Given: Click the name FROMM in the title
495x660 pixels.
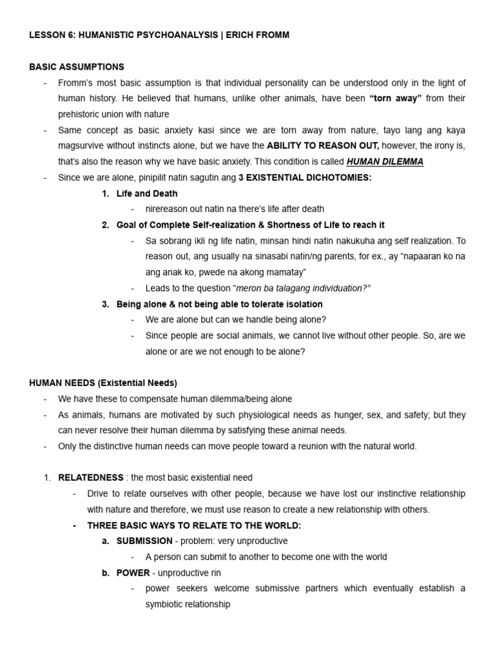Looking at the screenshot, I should pos(272,35).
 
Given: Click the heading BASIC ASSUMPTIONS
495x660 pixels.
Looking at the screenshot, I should pos(77,67).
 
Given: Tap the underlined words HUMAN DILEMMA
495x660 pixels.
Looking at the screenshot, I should pos(385,162).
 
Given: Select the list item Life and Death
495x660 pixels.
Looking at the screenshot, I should pos(147,193).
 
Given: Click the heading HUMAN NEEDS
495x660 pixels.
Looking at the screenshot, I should pos(61,383).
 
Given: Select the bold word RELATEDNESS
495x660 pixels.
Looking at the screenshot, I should pos(90,478).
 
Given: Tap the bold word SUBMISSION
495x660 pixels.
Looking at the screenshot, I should pos(144,541).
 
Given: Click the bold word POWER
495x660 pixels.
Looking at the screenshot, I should pos(133,572).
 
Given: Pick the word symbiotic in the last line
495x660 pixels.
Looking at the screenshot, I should pos(165,605).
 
